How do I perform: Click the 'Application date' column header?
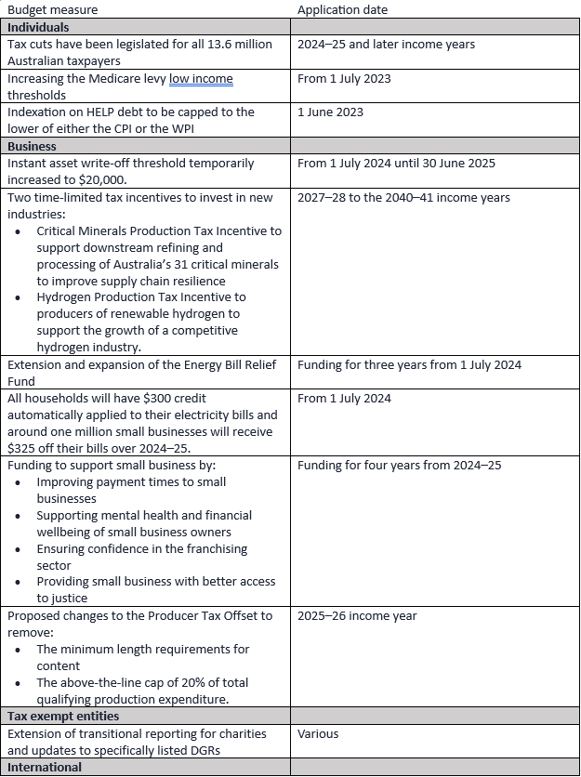coord(342,10)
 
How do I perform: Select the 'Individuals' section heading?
coord(38,27)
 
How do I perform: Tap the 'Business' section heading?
coord(32,146)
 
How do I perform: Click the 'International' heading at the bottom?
coord(45,767)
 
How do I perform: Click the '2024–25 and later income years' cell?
coord(386,45)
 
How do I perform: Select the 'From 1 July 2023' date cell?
coord(344,78)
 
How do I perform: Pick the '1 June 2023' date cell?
coord(330,112)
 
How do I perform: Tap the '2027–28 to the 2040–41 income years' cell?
coord(403,197)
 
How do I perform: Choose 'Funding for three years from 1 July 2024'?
coord(409,364)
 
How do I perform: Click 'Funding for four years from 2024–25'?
coord(399,465)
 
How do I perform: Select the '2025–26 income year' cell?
coord(357,615)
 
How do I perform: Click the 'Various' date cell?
coord(318,733)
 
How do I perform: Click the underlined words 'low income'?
coord(201,79)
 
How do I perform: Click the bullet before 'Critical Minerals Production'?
coord(17,230)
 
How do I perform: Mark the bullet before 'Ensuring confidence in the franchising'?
coord(17,548)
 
